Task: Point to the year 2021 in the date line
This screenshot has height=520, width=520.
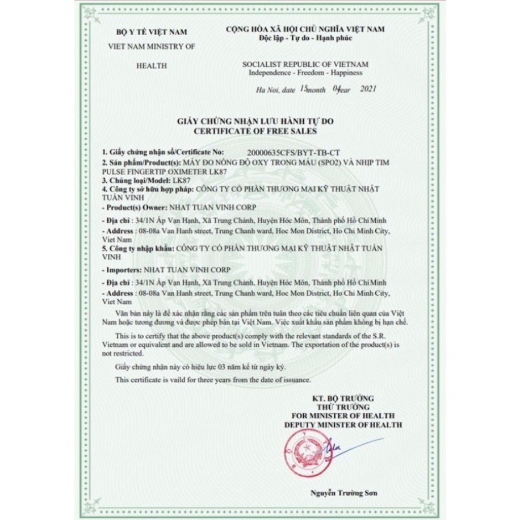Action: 368,89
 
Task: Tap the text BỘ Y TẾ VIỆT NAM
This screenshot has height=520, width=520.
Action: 151,32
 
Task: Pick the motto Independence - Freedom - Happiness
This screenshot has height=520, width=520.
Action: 305,73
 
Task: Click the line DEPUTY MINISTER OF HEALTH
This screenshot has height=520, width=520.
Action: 343,424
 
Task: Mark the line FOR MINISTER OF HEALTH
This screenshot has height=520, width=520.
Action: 343,416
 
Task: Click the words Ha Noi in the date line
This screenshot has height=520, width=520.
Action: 266,90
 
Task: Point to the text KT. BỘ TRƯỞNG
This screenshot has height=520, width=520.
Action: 343,399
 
